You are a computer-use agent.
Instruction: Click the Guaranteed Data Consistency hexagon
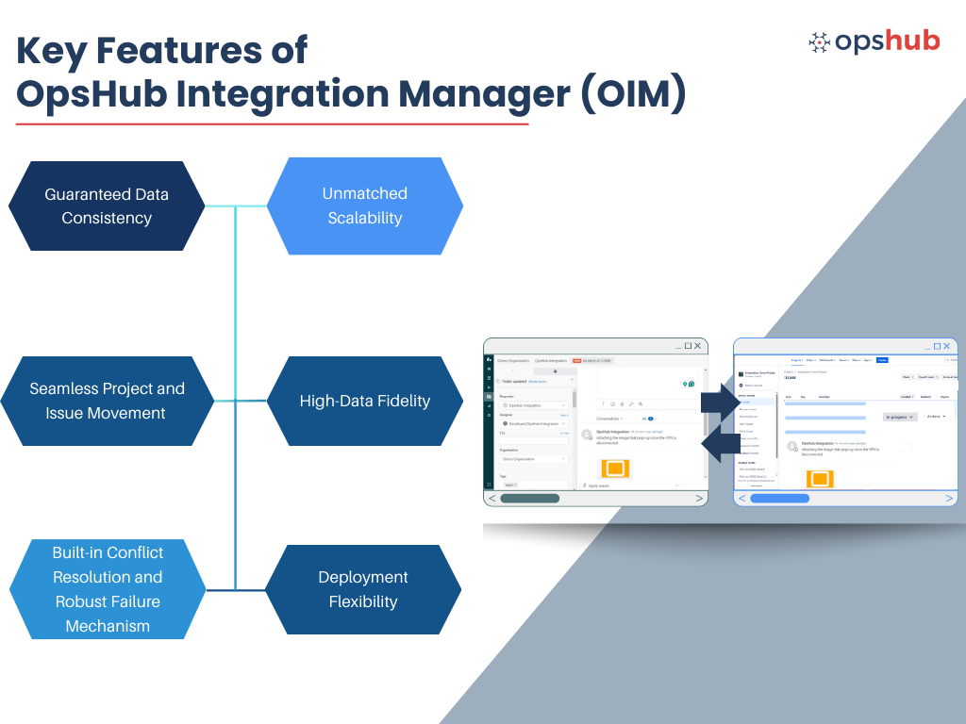[x=107, y=206]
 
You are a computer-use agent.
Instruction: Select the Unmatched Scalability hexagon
[x=365, y=206]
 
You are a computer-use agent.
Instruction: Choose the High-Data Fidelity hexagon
[x=365, y=401]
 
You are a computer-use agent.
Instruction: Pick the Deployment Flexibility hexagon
[x=363, y=589]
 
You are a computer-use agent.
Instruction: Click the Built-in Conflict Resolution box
[x=108, y=589]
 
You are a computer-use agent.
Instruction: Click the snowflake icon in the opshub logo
[x=820, y=42]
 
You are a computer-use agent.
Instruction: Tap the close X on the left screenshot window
[x=697, y=346]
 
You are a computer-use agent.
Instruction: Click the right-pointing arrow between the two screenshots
[x=725, y=398]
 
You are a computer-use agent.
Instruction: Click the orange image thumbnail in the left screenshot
[x=616, y=468]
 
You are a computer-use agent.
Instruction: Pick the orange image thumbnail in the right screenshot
[x=819, y=479]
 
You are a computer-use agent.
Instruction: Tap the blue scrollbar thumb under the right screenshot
[x=779, y=498]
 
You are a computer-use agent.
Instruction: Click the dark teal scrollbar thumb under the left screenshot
[x=530, y=498]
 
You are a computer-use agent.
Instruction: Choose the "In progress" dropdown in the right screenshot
[x=900, y=416]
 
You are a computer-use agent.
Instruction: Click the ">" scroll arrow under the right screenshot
[x=948, y=498]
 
